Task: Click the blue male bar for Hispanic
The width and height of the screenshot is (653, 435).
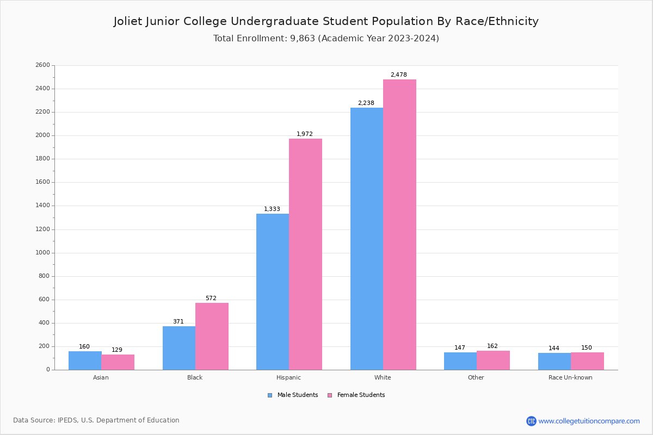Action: pyautogui.click(x=273, y=291)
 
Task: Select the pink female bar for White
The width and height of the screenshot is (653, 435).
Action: pyautogui.click(x=399, y=225)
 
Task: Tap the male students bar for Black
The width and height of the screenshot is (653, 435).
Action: pyautogui.click(x=179, y=348)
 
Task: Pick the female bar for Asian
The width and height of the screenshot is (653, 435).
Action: pyautogui.click(x=118, y=362)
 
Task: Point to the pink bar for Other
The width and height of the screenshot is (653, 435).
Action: pyautogui.click(x=493, y=361)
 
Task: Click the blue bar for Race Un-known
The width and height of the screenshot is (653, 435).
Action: pyautogui.click(x=555, y=362)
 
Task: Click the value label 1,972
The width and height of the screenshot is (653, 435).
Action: pyautogui.click(x=305, y=134)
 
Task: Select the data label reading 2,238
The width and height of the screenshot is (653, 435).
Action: pyautogui.click(x=366, y=103)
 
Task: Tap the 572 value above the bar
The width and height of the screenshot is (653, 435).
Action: pyautogui.click(x=211, y=298)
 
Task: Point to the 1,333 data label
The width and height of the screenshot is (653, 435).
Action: pyautogui.click(x=272, y=209)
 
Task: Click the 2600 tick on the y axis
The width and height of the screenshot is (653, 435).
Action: pyautogui.click(x=42, y=65)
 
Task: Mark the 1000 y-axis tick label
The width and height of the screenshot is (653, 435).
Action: pyautogui.click(x=42, y=253)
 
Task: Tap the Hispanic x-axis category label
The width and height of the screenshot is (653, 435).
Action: pyautogui.click(x=288, y=377)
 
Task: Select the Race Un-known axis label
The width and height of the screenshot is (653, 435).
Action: pyautogui.click(x=570, y=377)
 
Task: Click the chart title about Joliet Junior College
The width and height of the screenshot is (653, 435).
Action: pyautogui.click(x=326, y=21)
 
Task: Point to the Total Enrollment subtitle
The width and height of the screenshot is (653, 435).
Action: pyautogui.click(x=326, y=39)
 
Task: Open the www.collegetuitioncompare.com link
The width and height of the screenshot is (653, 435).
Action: pyautogui.click(x=589, y=421)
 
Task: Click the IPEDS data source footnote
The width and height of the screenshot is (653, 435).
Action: pyautogui.click(x=96, y=420)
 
